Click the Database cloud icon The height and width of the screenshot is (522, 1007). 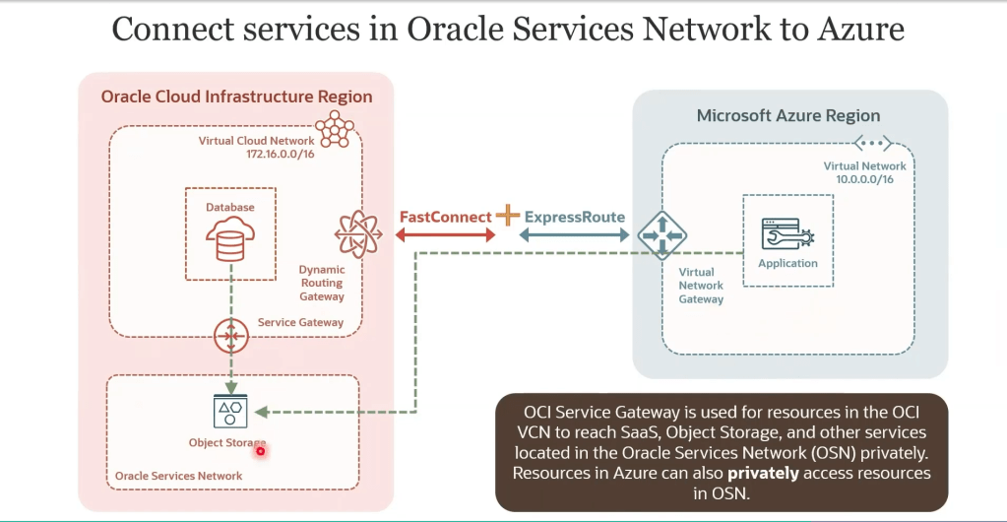(x=230, y=238)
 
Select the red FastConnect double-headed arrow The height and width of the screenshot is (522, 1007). (x=445, y=234)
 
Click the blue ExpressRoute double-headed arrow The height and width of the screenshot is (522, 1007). (x=574, y=234)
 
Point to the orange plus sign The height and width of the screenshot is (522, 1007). (x=507, y=216)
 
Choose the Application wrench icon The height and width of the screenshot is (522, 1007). (x=787, y=234)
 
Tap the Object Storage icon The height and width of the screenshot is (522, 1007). (x=230, y=411)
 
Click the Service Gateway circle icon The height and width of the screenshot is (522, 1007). (x=230, y=336)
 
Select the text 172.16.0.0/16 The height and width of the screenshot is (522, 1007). (x=280, y=155)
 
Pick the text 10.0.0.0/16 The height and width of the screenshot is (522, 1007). (x=865, y=179)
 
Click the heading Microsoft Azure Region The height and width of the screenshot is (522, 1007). (x=788, y=116)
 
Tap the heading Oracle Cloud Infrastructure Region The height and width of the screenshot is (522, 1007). (x=236, y=97)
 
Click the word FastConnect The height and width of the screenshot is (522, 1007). (x=445, y=217)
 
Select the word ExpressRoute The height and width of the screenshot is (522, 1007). (x=575, y=217)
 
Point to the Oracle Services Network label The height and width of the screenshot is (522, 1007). (x=178, y=476)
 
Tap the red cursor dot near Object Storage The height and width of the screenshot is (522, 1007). (x=261, y=451)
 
